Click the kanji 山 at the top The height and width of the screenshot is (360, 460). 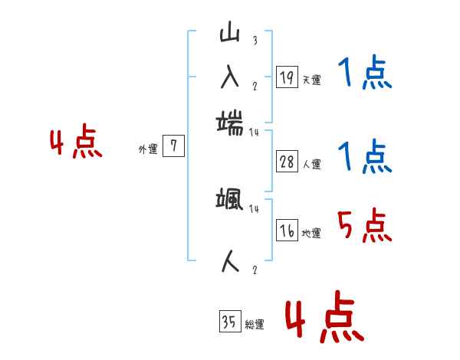pos(230,34)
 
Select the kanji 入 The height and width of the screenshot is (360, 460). pos(230,77)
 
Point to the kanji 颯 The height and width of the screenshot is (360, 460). pos(230,201)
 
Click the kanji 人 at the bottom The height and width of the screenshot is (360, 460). pos(230,261)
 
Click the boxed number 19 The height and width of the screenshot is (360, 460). pos(286,77)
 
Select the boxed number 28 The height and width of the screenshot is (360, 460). pos(286,162)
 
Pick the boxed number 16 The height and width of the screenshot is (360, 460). pos(286,231)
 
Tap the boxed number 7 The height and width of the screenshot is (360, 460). pos(173,146)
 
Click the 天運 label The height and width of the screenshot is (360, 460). pos(311,80)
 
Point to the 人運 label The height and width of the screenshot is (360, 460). pos(311,164)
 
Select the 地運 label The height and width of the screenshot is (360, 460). pos(311,233)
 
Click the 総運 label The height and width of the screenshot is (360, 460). pos(255,324)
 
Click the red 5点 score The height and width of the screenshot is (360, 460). pos(364,227)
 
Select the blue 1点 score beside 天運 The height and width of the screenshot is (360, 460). pos(364,74)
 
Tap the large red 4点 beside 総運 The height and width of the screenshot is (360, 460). pos(324,319)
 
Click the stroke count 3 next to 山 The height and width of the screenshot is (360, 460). pos(255,41)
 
